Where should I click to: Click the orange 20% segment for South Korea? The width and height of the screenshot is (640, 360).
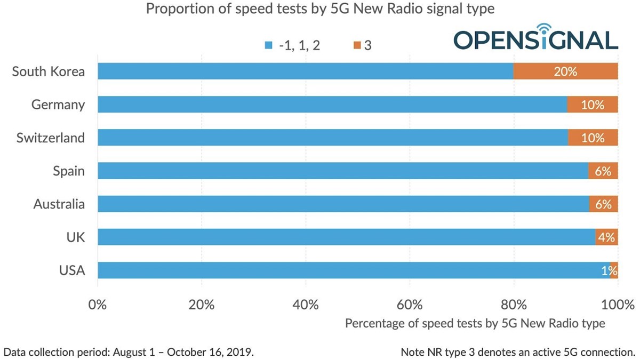point(565,71)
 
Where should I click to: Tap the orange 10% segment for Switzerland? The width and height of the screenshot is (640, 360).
point(593,138)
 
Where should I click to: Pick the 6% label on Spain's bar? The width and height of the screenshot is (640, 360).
point(603,171)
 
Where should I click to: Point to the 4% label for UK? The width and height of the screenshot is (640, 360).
point(606,237)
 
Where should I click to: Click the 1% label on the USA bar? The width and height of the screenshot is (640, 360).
point(609,270)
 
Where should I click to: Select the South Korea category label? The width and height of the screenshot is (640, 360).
point(48,71)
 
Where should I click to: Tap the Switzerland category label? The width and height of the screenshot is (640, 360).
point(50,138)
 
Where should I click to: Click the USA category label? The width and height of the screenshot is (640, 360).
point(72,270)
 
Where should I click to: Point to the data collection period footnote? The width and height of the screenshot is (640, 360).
point(129,352)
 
